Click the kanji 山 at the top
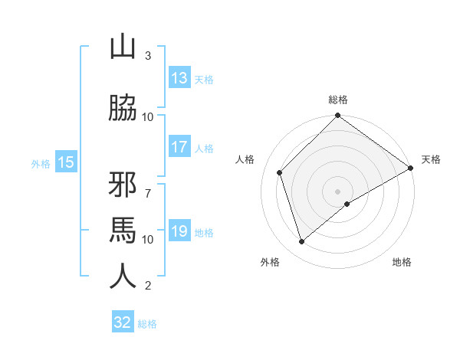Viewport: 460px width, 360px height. coord(123,47)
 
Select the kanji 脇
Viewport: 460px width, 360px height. coord(123,107)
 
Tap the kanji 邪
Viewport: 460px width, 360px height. coord(123,185)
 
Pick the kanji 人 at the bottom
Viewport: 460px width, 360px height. coord(123,277)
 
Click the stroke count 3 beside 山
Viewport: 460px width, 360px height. coord(148,56)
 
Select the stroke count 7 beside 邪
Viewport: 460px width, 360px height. coord(148,185)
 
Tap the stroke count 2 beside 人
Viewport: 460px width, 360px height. coord(148,286)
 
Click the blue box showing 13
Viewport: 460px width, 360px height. coord(179,78)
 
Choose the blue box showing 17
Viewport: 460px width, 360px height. coord(179,147)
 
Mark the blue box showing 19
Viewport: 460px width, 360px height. coord(179,232)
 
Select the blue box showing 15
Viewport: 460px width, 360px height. coord(65,162)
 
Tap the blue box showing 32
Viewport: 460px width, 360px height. coord(123,322)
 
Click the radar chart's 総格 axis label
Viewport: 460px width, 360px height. coord(338,100)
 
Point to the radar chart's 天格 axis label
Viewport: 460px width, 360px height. coord(431,159)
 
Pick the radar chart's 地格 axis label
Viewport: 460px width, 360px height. coord(402,262)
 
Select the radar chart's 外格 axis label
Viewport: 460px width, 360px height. coord(270,262)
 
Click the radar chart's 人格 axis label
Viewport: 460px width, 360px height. coord(245,159)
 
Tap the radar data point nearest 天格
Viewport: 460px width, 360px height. coord(410,168)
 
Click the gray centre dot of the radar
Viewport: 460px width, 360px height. coord(338,191)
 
